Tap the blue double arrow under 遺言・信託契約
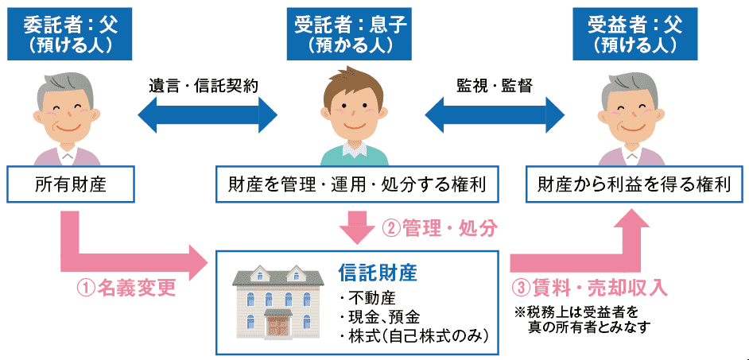pos(208,116)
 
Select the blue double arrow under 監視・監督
pos(492,116)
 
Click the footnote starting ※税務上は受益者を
pos(584,319)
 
